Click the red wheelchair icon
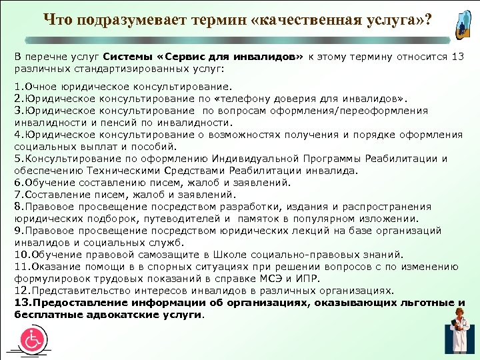coord(31,340)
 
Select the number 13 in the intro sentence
coord(457,57)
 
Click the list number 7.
coord(19,194)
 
